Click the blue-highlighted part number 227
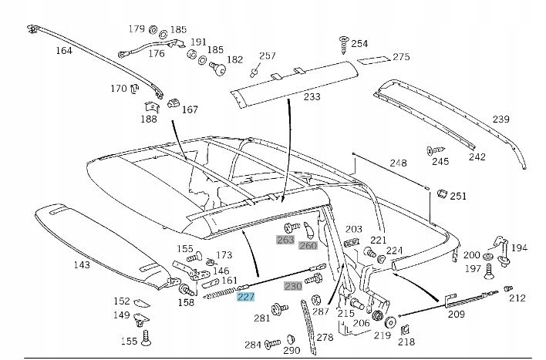(246, 298)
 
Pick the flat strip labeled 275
(375, 59)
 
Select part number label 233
(312, 97)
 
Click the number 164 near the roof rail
(63, 52)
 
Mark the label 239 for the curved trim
(501, 119)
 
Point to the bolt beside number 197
(487, 271)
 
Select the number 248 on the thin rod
(397, 163)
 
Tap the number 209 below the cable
(456, 315)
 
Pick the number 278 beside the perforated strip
(325, 337)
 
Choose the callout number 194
(520, 248)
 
